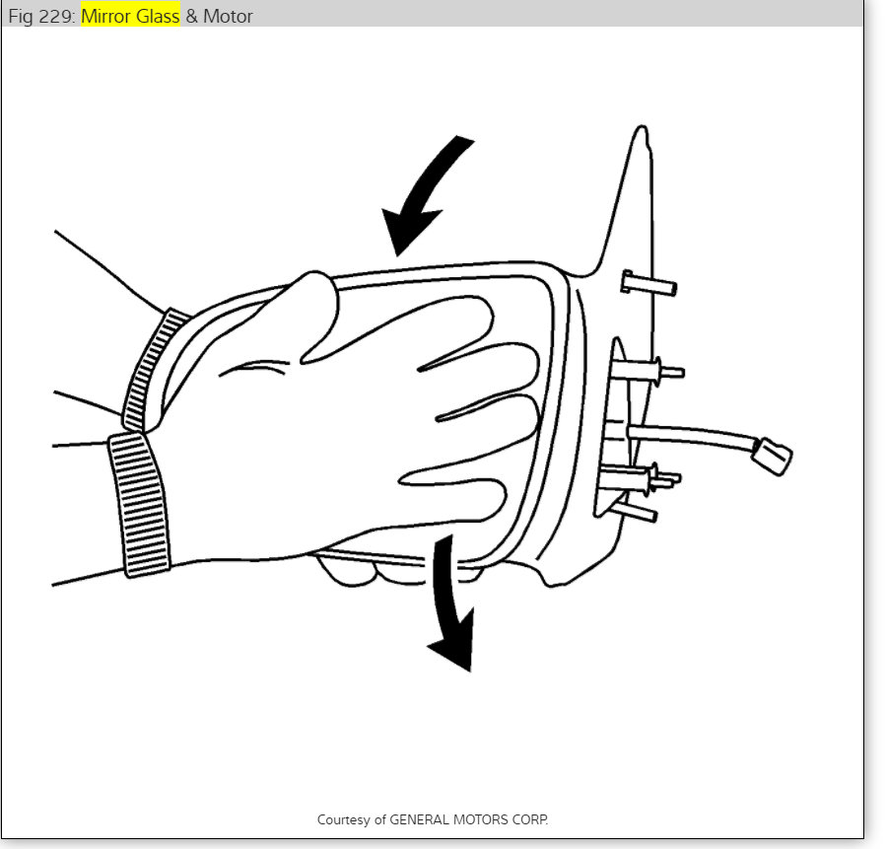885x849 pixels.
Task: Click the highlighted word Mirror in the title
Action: (106, 16)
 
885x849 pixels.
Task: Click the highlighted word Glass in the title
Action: (157, 16)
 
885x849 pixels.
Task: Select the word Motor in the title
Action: (227, 16)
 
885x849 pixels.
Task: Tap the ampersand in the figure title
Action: (191, 16)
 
